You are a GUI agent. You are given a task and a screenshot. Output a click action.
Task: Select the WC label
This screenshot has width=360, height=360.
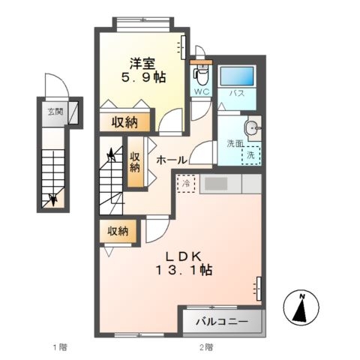(x=202, y=91)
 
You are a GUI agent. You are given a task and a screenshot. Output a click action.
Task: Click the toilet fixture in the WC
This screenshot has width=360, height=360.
(x=199, y=74)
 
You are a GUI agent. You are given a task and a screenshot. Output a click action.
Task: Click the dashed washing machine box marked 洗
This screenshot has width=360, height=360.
(x=250, y=154)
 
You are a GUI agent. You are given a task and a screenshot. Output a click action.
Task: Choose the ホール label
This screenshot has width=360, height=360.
(x=171, y=160)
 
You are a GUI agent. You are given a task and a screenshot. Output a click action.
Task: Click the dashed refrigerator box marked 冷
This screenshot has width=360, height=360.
(x=185, y=183)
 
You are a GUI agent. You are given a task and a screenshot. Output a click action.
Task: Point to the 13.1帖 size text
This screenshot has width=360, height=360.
(x=181, y=271)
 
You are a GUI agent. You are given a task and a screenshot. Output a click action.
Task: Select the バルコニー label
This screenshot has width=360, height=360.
(x=223, y=322)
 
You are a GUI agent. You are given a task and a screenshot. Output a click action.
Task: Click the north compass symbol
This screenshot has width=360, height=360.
(x=302, y=307)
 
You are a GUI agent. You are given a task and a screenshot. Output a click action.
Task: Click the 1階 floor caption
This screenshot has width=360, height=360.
(x=58, y=347)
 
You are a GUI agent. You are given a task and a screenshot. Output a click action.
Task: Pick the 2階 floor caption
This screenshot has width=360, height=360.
(x=205, y=347)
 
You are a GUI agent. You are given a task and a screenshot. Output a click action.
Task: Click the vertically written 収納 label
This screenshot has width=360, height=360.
(x=135, y=162)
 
